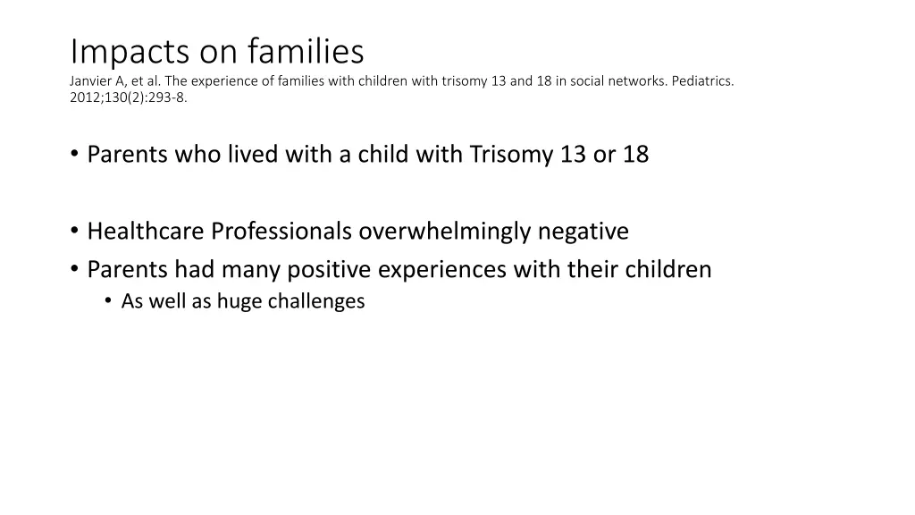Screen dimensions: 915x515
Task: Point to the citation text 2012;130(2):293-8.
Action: (x=129, y=98)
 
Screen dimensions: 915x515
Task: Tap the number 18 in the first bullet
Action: (x=636, y=155)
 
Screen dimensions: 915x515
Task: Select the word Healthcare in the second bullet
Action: (x=146, y=232)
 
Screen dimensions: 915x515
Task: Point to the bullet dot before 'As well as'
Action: (x=108, y=301)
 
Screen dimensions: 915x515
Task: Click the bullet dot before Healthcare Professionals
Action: (x=75, y=232)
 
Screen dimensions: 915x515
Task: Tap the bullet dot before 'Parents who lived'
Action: (x=75, y=155)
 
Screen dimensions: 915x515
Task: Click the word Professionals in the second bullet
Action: (x=281, y=232)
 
